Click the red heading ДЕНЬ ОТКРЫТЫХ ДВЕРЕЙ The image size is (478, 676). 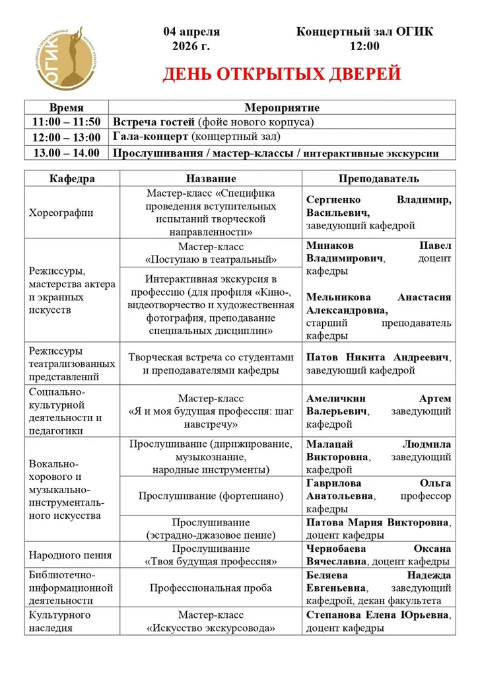point(282,74)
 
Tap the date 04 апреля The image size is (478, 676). point(191,32)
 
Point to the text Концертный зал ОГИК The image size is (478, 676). point(364,32)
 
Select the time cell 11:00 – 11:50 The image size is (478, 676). point(66,122)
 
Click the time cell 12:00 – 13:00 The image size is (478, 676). point(66,137)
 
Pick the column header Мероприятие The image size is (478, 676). point(282,108)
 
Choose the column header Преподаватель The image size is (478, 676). point(378,179)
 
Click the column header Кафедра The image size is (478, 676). point(72,179)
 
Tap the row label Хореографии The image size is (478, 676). point(61,213)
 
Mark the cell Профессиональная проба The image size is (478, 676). point(211,588)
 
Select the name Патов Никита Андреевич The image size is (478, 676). point(378,357)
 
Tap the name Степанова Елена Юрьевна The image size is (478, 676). point(378,615)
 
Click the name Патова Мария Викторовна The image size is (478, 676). point(378,522)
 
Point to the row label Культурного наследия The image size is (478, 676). point(60,621)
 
